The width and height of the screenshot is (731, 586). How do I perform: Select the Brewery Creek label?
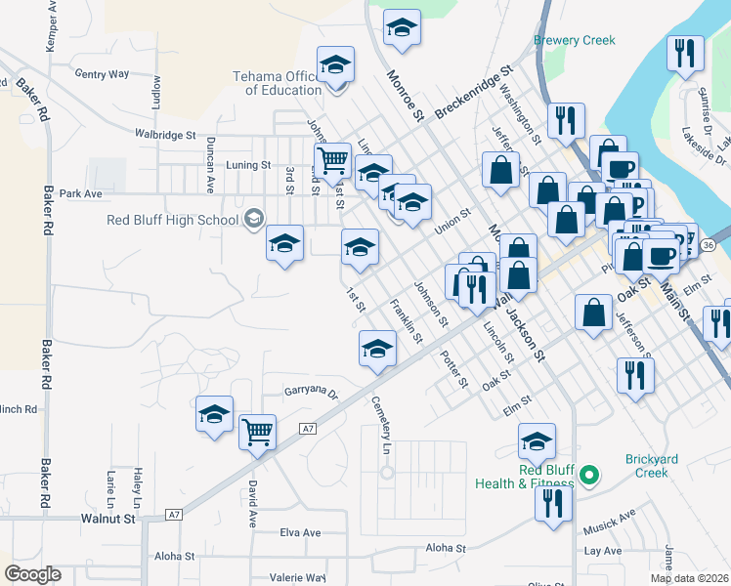pyautogui.click(x=575, y=40)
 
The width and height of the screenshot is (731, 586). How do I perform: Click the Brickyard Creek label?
pyautogui.click(x=647, y=466)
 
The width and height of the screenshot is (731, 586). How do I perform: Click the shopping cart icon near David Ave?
pyautogui.click(x=257, y=430)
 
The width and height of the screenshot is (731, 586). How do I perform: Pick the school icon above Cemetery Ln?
pyautogui.click(x=377, y=349)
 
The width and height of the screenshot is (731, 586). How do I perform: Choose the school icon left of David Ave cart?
pyautogui.click(x=214, y=414)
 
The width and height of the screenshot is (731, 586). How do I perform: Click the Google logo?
pyautogui.click(x=32, y=574)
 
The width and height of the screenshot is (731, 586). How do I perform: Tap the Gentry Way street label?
pyautogui.click(x=102, y=73)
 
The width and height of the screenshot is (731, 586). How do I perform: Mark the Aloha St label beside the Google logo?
pyautogui.click(x=175, y=556)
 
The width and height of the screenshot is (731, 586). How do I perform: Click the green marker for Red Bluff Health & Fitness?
pyautogui.click(x=588, y=477)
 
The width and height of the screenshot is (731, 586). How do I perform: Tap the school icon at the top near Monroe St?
pyautogui.click(x=401, y=28)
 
